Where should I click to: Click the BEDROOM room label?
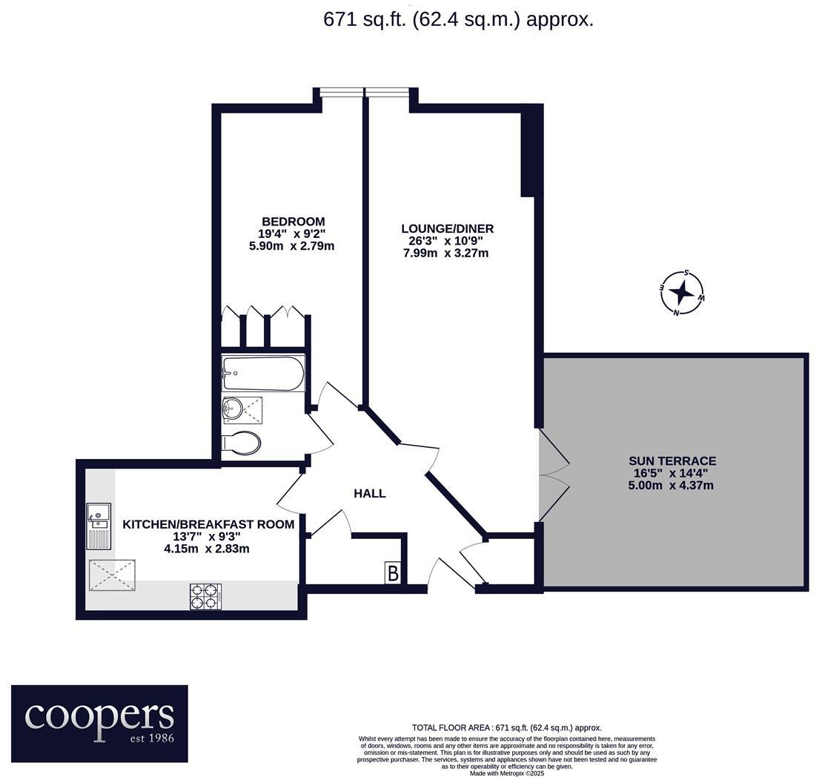click(x=293, y=221)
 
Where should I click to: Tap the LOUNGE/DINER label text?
click(x=447, y=228)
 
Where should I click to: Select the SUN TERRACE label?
click(x=672, y=460)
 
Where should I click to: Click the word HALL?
click(x=369, y=493)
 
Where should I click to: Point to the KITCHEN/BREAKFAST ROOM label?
click(x=208, y=524)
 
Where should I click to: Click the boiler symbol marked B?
click(x=393, y=573)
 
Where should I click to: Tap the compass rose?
click(x=681, y=293)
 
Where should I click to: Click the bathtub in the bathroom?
click(x=263, y=374)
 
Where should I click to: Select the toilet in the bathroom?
click(x=242, y=443)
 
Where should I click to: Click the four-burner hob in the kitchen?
click(x=207, y=596)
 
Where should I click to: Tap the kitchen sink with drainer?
click(x=98, y=525)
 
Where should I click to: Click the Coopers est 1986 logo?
click(x=99, y=723)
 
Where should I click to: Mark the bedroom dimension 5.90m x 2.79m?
click(x=292, y=245)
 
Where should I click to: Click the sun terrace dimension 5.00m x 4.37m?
click(x=672, y=486)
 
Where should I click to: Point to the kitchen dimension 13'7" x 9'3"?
click(x=208, y=537)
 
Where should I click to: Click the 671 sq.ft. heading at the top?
click(x=458, y=19)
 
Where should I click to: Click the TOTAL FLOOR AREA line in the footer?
click(x=506, y=727)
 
